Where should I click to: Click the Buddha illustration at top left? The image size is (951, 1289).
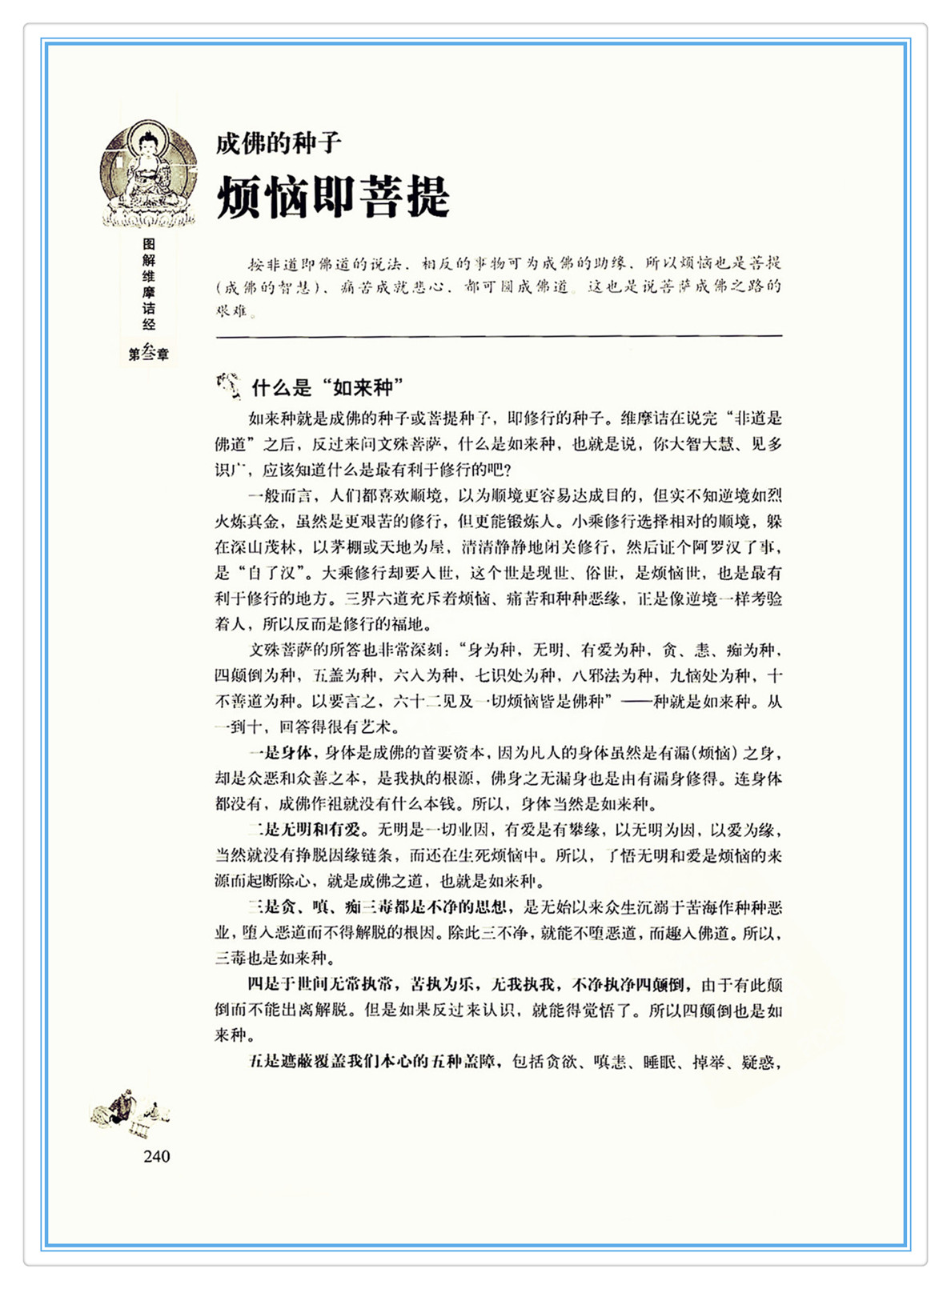[x=149, y=174]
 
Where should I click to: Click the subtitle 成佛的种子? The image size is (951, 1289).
[x=279, y=143]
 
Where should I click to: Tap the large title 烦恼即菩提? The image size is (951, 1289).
[x=333, y=197]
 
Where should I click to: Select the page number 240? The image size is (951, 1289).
[x=157, y=1156]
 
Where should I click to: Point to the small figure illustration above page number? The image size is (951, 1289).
[x=130, y=1111]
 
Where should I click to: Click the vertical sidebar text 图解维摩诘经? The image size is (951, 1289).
[x=149, y=284]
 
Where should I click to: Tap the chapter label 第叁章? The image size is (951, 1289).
[x=149, y=353]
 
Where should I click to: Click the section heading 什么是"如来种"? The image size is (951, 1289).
[x=327, y=388]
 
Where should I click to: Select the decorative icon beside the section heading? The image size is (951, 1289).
[x=228, y=386]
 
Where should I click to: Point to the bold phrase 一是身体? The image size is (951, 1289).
[x=280, y=753]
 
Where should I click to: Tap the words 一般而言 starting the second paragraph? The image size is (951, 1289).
[x=279, y=496]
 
